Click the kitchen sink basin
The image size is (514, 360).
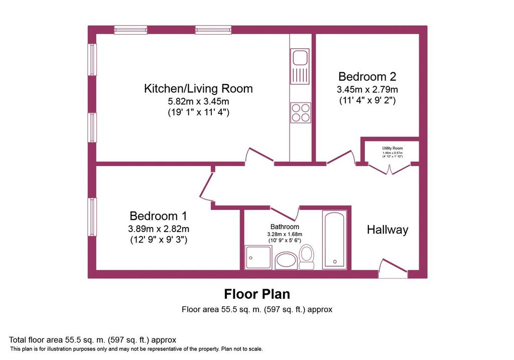click(300, 58)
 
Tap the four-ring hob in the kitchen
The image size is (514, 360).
click(301, 113)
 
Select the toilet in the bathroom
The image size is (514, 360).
click(307, 258)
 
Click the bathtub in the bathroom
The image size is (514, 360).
click(334, 239)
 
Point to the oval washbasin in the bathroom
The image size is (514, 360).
click(286, 261)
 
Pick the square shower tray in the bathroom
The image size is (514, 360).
click(259, 258)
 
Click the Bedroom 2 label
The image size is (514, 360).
click(367, 76)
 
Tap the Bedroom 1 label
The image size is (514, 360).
click(158, 216)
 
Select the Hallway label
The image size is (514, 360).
click(388, 229)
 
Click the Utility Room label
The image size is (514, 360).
click(393, 148)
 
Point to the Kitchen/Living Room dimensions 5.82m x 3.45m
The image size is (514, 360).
click(198, 101)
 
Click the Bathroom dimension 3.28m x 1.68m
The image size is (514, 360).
click(285, 234)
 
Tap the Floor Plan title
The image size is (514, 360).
click(257, 294)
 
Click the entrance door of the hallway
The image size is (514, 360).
click(394, 266)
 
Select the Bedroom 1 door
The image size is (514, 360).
click(206, 185)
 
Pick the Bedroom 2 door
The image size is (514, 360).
click(341, 157)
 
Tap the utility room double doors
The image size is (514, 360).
click(390, 169)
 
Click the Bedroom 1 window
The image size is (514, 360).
click(93, 217)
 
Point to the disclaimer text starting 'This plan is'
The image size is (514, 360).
click(137, 349)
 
